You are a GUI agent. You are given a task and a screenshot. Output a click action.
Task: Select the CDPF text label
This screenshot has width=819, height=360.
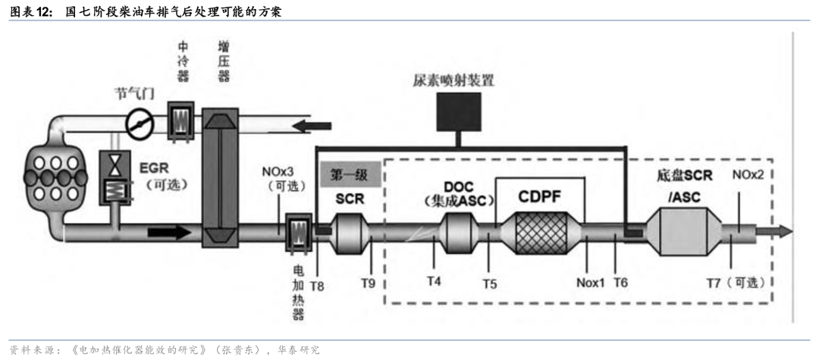pos(540,196)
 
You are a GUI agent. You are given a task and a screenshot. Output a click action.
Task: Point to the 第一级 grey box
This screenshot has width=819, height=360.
pos(350,174)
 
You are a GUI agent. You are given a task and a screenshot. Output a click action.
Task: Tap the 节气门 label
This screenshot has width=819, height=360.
pos(134,94)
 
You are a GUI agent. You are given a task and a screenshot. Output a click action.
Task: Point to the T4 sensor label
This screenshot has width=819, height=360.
pos(433,282)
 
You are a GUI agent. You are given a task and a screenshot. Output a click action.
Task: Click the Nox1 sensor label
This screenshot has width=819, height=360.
pos(589,283)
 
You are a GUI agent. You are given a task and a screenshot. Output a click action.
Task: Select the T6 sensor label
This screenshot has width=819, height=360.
pos(620,282)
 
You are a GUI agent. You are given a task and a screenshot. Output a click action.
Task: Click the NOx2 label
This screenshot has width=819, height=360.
pos(748,176)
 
